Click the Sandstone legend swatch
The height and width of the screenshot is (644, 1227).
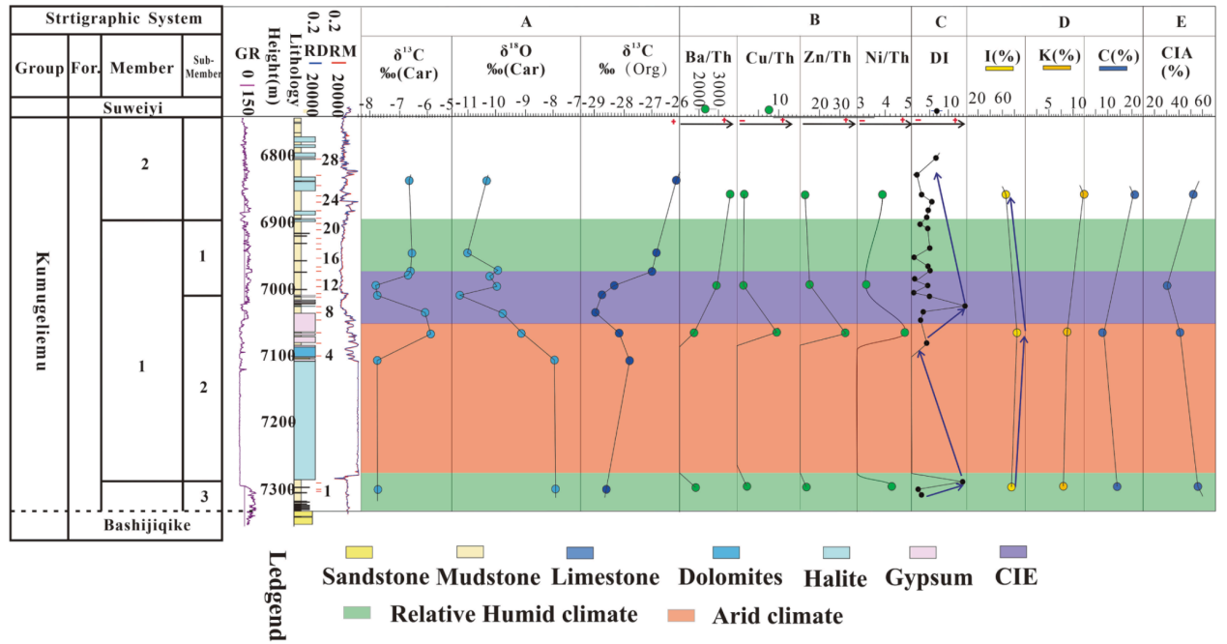coord(359,552)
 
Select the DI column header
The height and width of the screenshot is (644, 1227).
coord(938,58)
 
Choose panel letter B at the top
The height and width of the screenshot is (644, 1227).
coord(794,19)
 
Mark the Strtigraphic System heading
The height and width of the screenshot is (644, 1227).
coord(115,18)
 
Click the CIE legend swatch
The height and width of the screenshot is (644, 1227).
coord(1011,552)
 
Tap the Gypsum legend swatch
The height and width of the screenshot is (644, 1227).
coord(925,552)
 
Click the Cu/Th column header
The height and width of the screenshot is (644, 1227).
coord(768,57)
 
